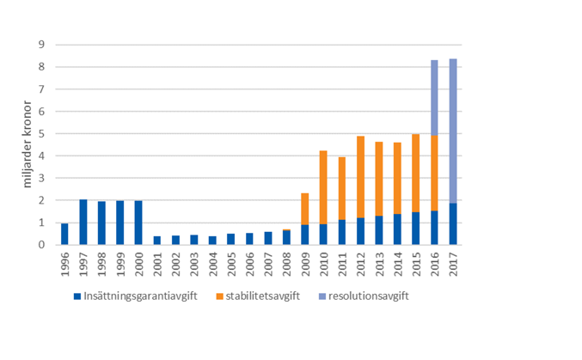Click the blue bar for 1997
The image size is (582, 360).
[x=83, y=222]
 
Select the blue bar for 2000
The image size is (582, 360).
[x=138, y=223]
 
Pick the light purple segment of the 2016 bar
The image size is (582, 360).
[x=434, y=97]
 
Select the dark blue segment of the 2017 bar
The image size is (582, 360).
[x=453, y=224]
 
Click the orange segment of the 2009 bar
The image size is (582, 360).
[x=305, y=209]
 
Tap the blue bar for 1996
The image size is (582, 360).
[x=65, y=234]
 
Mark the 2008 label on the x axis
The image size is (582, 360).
[x=286, y=261]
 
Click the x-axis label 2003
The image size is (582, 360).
[x=194, y=261]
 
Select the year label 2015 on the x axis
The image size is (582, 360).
[x=416, y=261]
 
